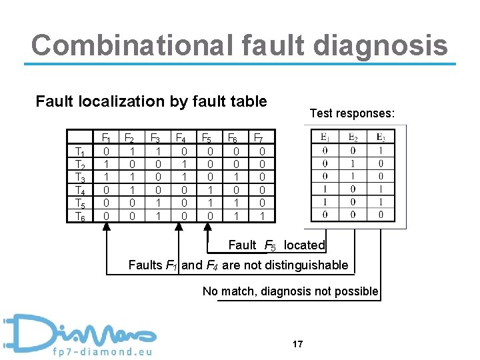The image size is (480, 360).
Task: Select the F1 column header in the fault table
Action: (106, 139)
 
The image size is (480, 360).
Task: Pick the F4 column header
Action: (180, 139)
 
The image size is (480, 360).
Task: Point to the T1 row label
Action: (80, 152)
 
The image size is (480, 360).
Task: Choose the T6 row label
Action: (80, 216)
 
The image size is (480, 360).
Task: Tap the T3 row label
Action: (80, 177)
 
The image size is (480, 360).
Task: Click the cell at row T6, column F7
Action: (261, 216)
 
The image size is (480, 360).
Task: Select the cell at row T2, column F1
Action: (107, 165)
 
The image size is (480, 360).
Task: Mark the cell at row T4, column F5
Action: (208, 191)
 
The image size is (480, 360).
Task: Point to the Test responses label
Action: (352, 113)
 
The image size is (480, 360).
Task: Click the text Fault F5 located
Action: (276, 245)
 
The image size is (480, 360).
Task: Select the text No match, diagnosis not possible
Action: (291, 291)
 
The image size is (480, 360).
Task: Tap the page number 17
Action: (297, 344)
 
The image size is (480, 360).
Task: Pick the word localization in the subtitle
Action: (123, 101)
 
